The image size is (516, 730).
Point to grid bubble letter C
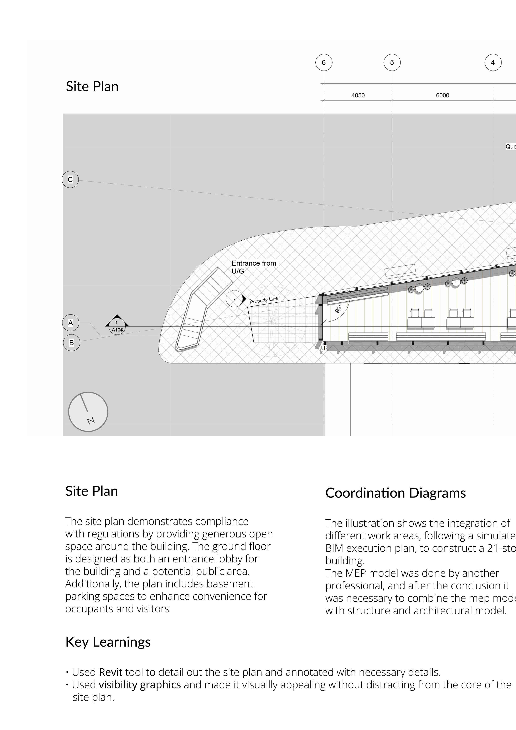tap(70, 180)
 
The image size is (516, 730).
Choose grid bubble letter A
tap(71, 323)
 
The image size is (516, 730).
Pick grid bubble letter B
tap(72, 343)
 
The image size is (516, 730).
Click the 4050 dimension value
tap(358, 95)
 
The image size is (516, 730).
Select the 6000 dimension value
tap(443, 95)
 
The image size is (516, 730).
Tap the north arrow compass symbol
tap(88, 412)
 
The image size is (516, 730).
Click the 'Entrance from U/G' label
tap(254, 267)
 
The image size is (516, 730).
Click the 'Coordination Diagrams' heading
tap(396, 493)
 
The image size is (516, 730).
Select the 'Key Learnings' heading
tap(108, 642)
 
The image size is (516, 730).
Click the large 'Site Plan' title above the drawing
tap(92, 86)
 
